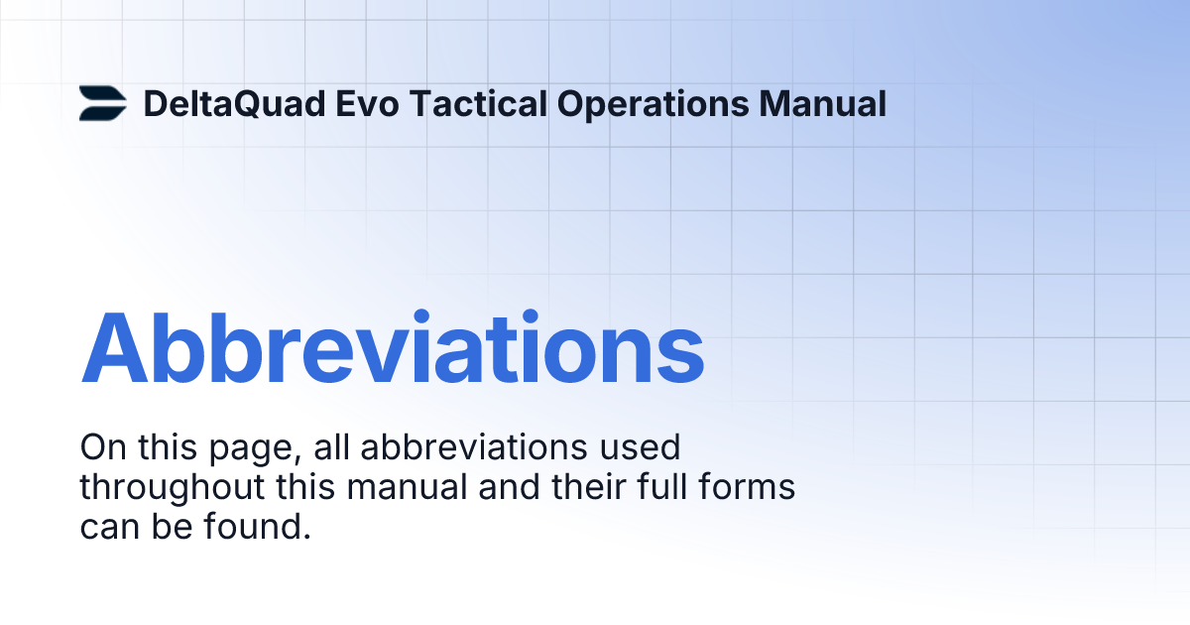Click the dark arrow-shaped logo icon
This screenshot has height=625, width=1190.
coord(102,103)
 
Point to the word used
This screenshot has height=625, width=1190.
coord(642,448)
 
